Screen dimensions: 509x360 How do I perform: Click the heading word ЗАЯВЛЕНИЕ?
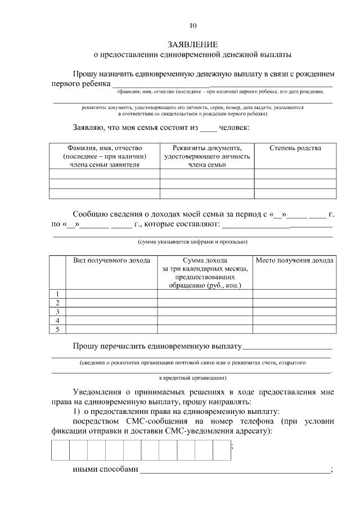click(192, 44)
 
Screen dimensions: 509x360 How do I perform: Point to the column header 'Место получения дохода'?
click(294, 260)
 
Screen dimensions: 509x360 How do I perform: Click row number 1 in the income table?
click(58, 294)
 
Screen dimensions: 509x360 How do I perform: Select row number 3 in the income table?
click(58, 311)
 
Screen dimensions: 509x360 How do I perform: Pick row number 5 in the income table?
click(58, 329)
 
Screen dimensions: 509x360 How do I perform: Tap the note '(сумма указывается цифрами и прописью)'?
click(192, 241)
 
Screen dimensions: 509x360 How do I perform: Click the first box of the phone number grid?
click(61, 450)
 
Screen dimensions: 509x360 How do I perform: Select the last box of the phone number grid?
click(222, 450)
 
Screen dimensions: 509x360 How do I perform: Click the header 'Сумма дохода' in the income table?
click(205, 260)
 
